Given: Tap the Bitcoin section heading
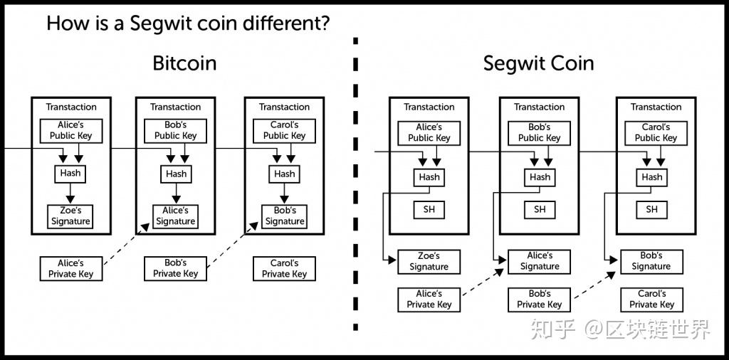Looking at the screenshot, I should point(184,63).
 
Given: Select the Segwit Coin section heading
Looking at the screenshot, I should point(538,63).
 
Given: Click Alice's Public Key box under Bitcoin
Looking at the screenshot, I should point(71,130).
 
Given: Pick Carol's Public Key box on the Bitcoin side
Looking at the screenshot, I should point(284,130).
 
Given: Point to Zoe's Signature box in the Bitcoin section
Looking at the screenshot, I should point(70,216).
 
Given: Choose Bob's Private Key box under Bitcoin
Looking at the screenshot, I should point(176,268).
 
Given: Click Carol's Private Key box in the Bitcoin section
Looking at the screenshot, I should point(284,268).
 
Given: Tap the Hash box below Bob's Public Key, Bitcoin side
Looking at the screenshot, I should point(176,174).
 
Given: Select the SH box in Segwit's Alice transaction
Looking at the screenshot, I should point(429,209).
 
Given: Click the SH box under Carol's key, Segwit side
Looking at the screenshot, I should point(651,209).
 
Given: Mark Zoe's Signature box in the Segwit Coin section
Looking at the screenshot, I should point(429,261).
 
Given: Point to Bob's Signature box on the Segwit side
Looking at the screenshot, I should point(651,260).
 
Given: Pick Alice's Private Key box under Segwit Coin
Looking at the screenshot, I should point(429,299).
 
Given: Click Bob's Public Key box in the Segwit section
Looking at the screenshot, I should point(539,132).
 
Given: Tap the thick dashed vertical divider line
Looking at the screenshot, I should point(355,178).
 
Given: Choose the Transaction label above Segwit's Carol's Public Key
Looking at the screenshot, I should point(656,107).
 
